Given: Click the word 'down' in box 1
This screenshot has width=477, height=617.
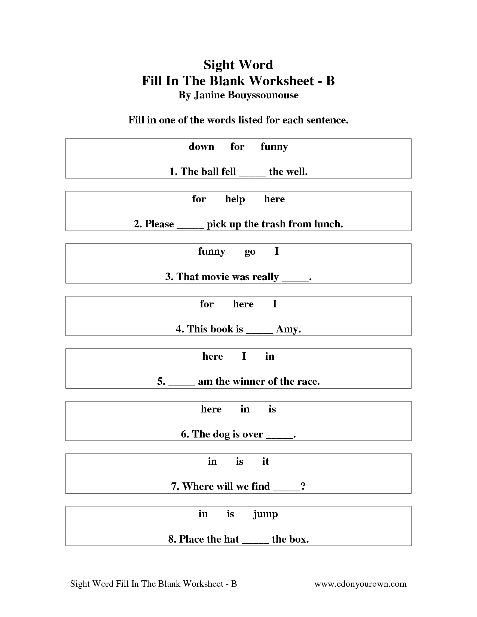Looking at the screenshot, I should (x=201, y=146).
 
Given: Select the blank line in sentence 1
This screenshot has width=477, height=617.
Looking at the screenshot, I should (x=252, y=174).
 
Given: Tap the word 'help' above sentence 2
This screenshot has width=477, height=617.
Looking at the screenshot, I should (x=235, y=199).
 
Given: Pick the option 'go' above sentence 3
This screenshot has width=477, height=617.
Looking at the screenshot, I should (x=250, y=252).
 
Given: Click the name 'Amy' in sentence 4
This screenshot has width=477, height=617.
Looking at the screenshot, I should (x=287, y=329).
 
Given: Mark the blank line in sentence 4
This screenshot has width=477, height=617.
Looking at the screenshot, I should (x=259, y=332).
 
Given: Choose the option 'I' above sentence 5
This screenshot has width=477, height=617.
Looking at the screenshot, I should (x=244, y=356).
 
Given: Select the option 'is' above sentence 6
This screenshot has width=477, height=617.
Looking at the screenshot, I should (x=272, y=409).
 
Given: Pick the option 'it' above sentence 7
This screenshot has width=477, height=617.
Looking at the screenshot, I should (x=265, y=461).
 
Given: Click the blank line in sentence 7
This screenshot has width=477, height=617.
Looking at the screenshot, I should (x=287, y=489).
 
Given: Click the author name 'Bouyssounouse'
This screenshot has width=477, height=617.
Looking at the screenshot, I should (x=265, y=95).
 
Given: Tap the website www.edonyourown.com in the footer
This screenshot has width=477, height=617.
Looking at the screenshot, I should (x=360, y=584).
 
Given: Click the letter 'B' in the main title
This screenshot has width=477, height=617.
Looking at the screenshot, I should (x=330, y=80).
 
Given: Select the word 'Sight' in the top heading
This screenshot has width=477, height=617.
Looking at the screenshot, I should (x=218, y=65).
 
